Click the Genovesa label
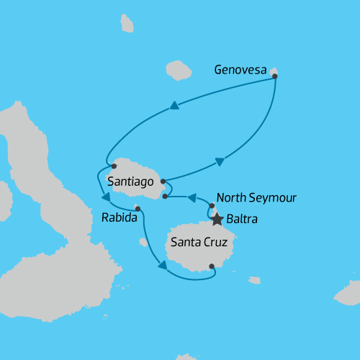(x=240, y=70)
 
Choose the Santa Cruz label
(x=199, y=243)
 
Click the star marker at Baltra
(x=217, y=218)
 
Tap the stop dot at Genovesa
(x=275, y=75)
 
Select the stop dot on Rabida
(x=138, y=210)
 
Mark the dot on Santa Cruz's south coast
(x=212, y=266)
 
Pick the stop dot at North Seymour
(x=212, y=206)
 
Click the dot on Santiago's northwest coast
(x=114, y=166)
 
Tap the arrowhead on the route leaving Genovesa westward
(x=174, y=106)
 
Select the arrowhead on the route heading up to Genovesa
(x=220, y=161)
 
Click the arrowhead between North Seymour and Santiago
(x=193, y=196)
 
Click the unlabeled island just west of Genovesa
(x=178, y=70)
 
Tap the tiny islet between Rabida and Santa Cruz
(x=144, y=243)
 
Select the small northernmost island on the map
(x=127, y=24)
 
